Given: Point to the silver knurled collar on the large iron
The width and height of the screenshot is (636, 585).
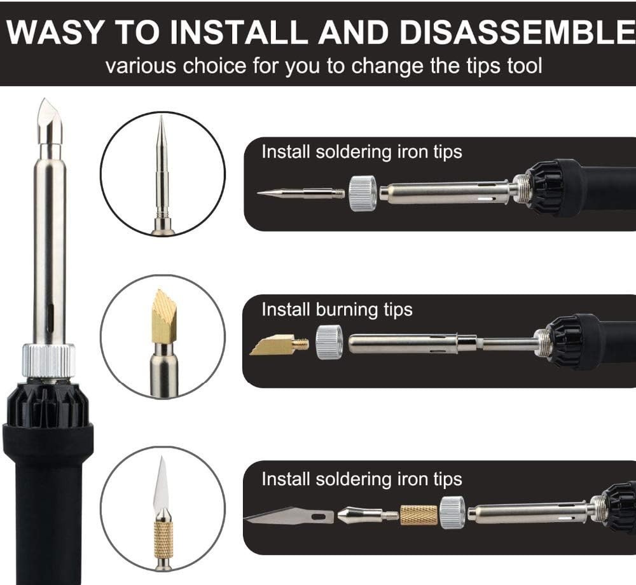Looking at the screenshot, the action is pos(49,361).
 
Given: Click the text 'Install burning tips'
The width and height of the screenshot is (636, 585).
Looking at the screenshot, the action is pos(336,310).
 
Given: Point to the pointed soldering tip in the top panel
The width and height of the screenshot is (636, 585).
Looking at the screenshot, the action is pos(301,193).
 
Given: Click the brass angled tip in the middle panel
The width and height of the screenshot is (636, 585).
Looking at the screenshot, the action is pos(279,345).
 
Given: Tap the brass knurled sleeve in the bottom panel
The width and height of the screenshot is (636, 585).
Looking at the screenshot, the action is pos(418,515).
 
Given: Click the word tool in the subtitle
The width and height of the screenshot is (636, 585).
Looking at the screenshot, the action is pos(525,66).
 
